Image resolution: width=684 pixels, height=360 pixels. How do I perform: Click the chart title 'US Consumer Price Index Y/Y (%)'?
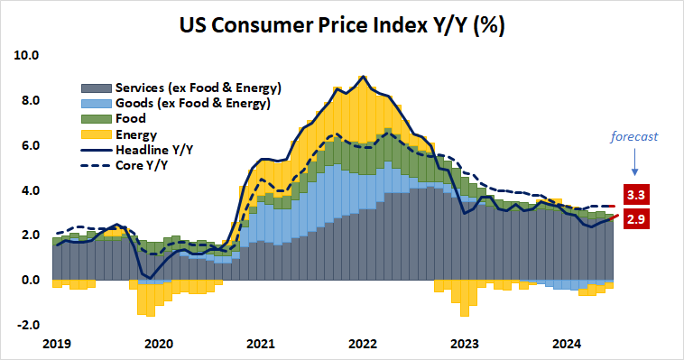pyautogui.click(x=341, y=25)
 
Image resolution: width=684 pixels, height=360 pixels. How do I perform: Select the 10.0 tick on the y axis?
pyautogui.click(x=27, y=55)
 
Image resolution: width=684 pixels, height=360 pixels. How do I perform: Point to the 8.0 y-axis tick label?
pyautogui.click(x=30, y=100)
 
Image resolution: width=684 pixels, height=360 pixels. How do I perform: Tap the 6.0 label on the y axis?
pyautogui.click(x=30, y=145)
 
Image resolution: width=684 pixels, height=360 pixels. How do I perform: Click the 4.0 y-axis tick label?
pyautogui.click(x=30, y=190)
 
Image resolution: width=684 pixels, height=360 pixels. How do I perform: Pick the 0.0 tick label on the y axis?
pyautogui.click(x=30, y=280)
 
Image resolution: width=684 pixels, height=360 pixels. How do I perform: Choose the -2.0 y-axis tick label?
pyautogui.click(x=28, y=325)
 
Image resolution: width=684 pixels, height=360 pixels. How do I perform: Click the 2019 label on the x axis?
pyautogui.click(x=56, y=344)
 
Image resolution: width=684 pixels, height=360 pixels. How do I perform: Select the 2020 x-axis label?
pyautogui.click(x=158, y=344)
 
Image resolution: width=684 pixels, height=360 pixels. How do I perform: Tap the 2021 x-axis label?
pyautogui.click(x=260, y=344)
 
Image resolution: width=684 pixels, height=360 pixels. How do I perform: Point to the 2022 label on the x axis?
pyautogui.click(x=363, y=344)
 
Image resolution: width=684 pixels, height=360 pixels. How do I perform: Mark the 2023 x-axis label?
pyautogui.click(x=465, y=344)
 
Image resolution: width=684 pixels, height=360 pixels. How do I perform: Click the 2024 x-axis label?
pyautogui.click(x=567, y=344)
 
